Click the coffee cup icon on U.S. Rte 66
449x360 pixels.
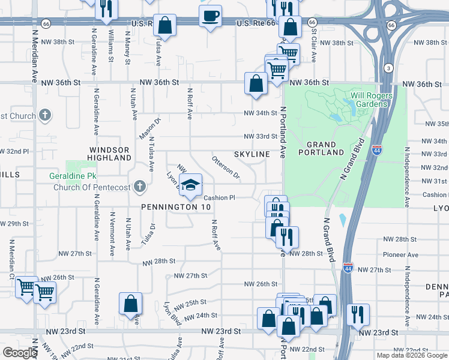point(210,16)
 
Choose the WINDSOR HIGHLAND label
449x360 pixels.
point(110,154)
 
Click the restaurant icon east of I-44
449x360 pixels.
point(358,313)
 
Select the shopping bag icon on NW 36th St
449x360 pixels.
point(256,83)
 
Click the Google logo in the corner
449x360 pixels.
point(20,353)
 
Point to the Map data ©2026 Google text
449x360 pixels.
point(412,355)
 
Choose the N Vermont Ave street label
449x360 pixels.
point(112,234)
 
